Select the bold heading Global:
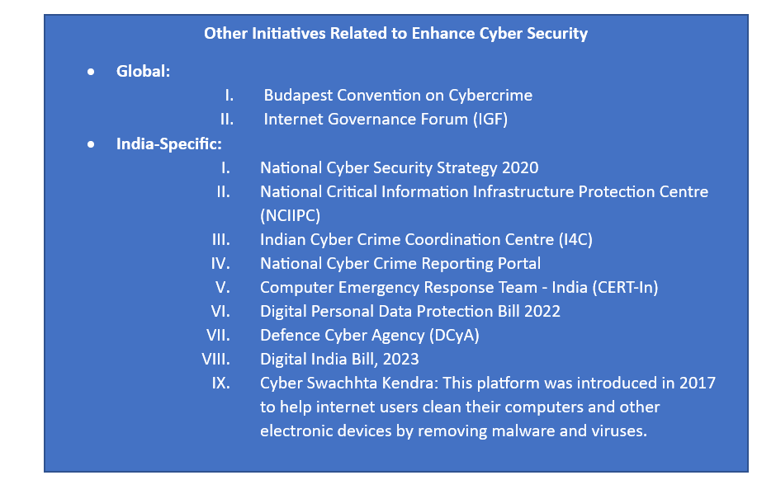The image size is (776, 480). (x=143, y=71)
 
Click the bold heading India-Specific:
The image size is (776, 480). (x=168, y=144)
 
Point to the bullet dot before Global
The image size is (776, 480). (x=91, y=73)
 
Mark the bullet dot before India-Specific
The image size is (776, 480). (x=91, y=145)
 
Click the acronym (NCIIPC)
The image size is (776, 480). (x=290, y=215)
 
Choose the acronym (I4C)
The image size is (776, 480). (x=575, y=240)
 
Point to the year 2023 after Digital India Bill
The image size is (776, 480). (x=400, y=360)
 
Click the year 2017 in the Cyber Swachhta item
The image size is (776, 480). (x=698, y=384)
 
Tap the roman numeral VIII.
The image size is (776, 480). (x=215, y=360)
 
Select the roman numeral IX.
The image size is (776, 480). (x=220, y=384)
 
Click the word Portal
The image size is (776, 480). (x=519, y=263)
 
